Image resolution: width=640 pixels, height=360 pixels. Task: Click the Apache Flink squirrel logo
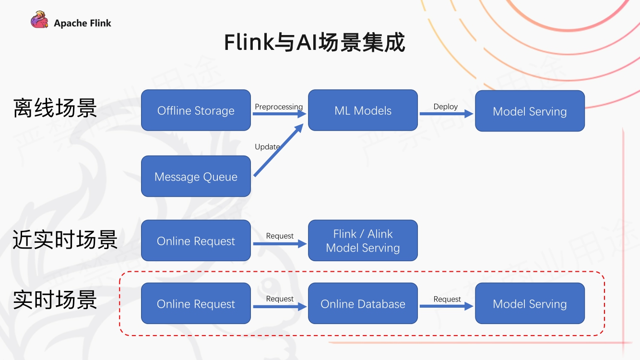(x=39, y=21)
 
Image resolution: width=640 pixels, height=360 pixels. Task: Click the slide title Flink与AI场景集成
(x=314, y=42)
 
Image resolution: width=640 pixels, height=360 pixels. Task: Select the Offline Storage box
(x=196, y=110)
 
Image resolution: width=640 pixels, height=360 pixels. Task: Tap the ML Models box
(x=363, y=110)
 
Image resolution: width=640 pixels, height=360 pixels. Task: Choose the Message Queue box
(x=196, y=176)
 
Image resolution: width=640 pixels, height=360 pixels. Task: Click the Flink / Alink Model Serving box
(x=363, y=240)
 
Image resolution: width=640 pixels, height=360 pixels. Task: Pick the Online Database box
(x=363, y=303)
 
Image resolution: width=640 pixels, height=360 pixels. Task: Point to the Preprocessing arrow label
(x=279, y=107)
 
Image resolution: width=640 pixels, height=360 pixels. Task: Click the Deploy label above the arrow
(x=446, y=107)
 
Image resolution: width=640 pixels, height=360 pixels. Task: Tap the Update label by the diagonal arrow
(x=267, y=146)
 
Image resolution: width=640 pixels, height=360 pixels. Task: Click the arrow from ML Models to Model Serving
(x=446, y=114)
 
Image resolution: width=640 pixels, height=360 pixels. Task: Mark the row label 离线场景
(x=55, y=108)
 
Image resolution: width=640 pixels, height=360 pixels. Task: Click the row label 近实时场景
(x=65, y=240)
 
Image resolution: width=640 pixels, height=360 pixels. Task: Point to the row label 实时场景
(x=55, y=300)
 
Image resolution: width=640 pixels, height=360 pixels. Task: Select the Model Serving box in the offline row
(x=530, y=111)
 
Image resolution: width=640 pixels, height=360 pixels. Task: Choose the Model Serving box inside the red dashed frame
(x=530, y=303)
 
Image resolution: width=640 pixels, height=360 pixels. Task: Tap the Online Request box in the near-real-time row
(x=196, y=240)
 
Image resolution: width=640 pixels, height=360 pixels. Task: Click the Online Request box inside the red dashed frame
(x=196, y=303)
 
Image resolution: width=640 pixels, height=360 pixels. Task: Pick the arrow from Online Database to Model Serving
(x=446, y=306)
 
